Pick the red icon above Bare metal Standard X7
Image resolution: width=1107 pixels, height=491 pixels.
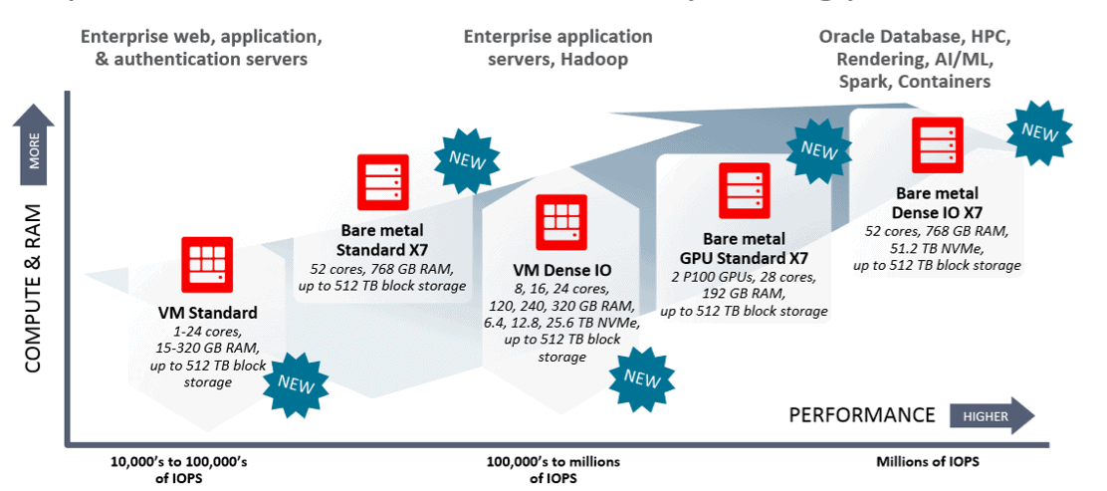coord(384,182)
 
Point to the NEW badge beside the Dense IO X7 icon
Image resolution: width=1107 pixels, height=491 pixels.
coord(1039,130)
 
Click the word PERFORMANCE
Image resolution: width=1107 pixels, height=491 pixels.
coord(862,415)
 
